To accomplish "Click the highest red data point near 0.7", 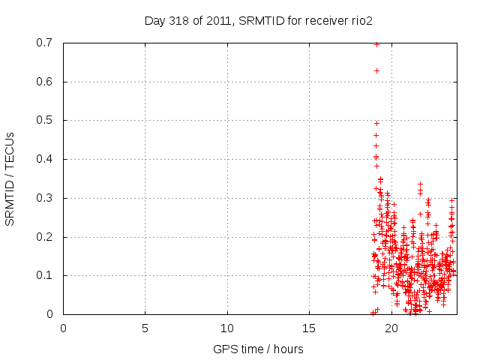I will point(376,44).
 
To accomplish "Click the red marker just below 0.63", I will point(376,70).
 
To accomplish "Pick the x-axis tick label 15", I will point(309,328).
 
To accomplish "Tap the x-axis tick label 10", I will point(227,328).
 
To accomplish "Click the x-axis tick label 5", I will point(145,328).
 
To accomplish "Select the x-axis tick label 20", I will point(391,328).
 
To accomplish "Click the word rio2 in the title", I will point(360,20).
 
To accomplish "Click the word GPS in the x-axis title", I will point(223,349).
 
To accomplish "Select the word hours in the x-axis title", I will point(287,349).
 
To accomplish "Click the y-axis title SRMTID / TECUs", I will point(10,178).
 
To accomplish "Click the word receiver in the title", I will point(323,20).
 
